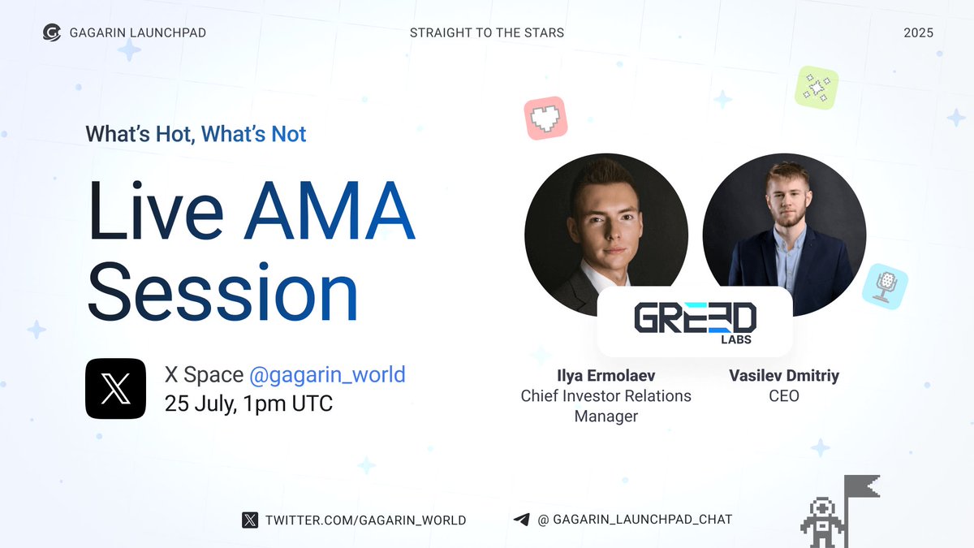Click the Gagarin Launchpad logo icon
point(52,32)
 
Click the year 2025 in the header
point(918,33)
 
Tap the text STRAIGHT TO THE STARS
point(486,33)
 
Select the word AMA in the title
point(330,210)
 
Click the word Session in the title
point(222,291)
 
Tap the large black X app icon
point(115,388)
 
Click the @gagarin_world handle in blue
point(327,374)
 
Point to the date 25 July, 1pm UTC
point(248,403)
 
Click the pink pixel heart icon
point(545,119)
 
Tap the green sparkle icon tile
point(817,88)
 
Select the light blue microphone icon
point(885,287)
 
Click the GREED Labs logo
point(695,322)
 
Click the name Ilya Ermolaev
point(606,375)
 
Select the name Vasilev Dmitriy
point(784,375)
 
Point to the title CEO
point(784,396)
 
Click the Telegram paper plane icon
point(521,520)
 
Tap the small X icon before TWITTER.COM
point(250,520)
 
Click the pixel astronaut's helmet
point(821,509)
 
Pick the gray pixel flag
point(862,486)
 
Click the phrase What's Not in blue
point(253,134)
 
